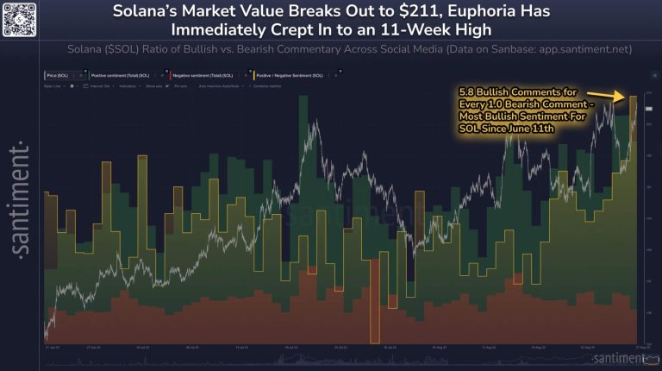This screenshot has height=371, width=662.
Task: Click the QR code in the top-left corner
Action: click(20, 18)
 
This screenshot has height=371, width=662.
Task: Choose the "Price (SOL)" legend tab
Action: click(63, 76)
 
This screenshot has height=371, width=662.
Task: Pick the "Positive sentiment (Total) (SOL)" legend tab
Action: click(120, 76)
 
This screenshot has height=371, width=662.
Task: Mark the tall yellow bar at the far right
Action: click(634, 216)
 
